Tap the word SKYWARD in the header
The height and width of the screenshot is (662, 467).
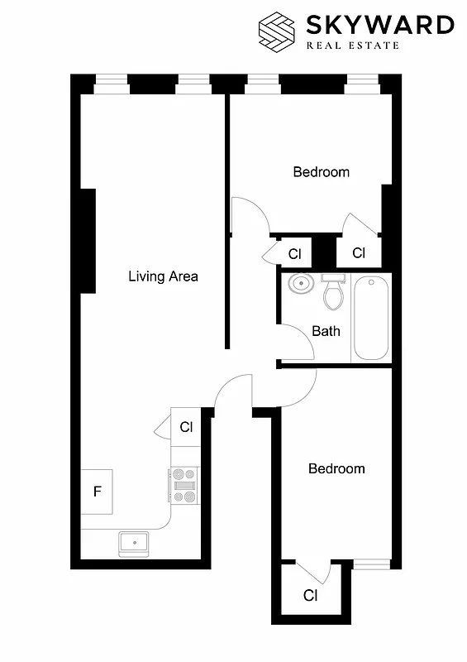380,26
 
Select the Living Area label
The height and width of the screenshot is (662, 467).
163,276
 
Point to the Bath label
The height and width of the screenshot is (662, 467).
326,331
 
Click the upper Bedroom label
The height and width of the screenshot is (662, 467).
321,172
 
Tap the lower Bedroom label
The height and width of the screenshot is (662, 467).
336,468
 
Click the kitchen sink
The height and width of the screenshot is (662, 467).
133,543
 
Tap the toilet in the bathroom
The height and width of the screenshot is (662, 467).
333,293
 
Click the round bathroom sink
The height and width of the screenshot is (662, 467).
299,286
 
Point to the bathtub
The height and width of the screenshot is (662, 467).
371,318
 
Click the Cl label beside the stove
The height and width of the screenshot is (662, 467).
186,427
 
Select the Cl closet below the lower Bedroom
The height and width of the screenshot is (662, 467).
310,595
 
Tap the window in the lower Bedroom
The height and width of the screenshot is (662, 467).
371,564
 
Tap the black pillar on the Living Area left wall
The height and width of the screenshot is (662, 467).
88,240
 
